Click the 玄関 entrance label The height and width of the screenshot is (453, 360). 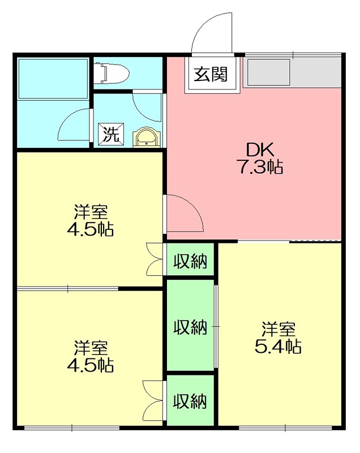(211, 74)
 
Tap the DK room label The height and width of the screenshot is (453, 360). (260, 149)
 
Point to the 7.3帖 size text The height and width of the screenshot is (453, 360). (260, 167)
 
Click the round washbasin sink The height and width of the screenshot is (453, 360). (147, 138)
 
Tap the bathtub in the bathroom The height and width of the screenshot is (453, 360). (53, 78)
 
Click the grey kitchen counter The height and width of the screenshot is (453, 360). (292, 72)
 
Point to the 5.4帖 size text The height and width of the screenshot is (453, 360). (277, 347)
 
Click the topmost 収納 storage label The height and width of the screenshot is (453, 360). (190, 262)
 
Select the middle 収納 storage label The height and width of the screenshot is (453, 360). (190, 327)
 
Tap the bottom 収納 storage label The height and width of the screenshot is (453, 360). (190, 401)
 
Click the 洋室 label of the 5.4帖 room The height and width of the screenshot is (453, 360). (277, 329)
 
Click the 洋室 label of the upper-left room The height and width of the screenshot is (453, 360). (91, 213)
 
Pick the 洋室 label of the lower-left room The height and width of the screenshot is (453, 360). (91, 347)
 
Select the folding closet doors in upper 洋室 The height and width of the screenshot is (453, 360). (154, 259)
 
